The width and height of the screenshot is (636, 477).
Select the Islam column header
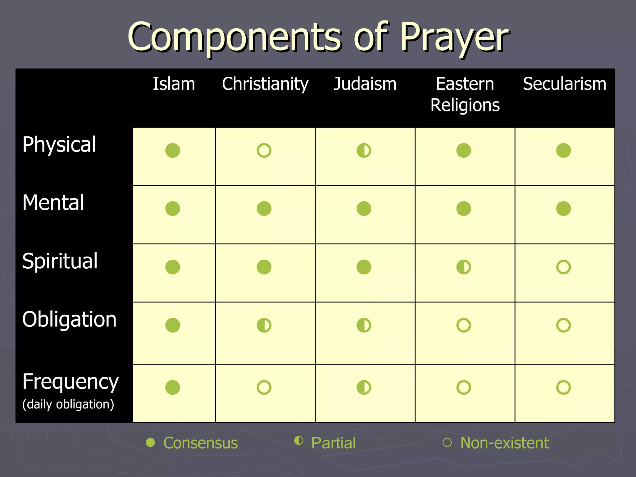[174, 84]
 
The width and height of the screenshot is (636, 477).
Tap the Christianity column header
[265, 84]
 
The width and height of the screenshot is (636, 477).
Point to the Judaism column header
[365, 84]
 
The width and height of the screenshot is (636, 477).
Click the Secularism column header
[564, 84]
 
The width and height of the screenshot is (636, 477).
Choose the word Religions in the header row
[465, 105]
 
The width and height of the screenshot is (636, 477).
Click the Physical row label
[59, 145]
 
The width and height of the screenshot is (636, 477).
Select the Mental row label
[53, 203]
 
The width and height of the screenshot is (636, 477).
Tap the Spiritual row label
[60, 261]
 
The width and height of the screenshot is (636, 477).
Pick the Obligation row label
[69, 319]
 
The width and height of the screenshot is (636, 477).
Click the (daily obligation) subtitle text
[68, 404]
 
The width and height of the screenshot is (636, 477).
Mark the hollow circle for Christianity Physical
[264, 151]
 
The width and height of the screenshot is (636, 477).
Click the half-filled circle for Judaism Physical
[364, 151]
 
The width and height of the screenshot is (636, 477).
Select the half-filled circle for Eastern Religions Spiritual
[464, 267]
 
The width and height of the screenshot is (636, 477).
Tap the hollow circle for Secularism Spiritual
[563, 267]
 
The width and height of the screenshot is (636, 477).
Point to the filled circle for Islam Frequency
[173, 388]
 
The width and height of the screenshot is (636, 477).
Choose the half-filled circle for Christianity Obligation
[264, 325]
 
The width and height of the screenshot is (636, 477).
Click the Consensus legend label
[200, 443]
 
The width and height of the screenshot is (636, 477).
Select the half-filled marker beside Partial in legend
[299, 441]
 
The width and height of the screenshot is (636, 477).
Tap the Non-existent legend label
[504, 443]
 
